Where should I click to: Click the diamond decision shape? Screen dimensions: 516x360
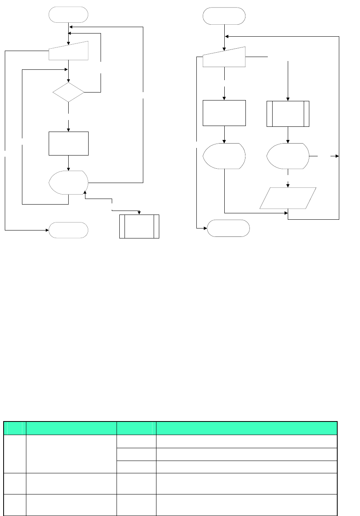tap(69, 93)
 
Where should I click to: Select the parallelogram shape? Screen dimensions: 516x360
tap(288, 198)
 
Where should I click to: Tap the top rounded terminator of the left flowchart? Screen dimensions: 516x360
tap(68, 15)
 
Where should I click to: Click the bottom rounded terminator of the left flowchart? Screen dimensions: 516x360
tap(68, 230)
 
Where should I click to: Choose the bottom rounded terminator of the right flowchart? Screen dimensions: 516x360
tap(228, 228)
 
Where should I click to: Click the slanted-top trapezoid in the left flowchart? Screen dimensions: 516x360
tap(69, 51)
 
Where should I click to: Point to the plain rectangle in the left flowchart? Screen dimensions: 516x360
tap(69, 143)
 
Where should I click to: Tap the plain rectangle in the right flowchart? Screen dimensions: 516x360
tap(224, 113)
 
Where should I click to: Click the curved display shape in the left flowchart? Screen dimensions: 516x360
tap(69, 182)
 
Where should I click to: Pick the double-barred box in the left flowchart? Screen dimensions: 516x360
tap(139, 226)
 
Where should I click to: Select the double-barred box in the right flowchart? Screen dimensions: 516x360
tap(288, 114)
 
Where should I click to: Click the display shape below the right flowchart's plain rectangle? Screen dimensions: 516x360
tap(224, 156)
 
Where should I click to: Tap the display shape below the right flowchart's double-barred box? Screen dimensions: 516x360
tap(288, 156)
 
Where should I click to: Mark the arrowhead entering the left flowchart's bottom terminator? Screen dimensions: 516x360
tap(46, 230)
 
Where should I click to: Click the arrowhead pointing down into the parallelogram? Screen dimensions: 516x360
tap(288, 185)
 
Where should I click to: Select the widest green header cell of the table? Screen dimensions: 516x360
tap(247, 428)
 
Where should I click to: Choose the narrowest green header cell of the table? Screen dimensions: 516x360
tap(15, 428)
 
